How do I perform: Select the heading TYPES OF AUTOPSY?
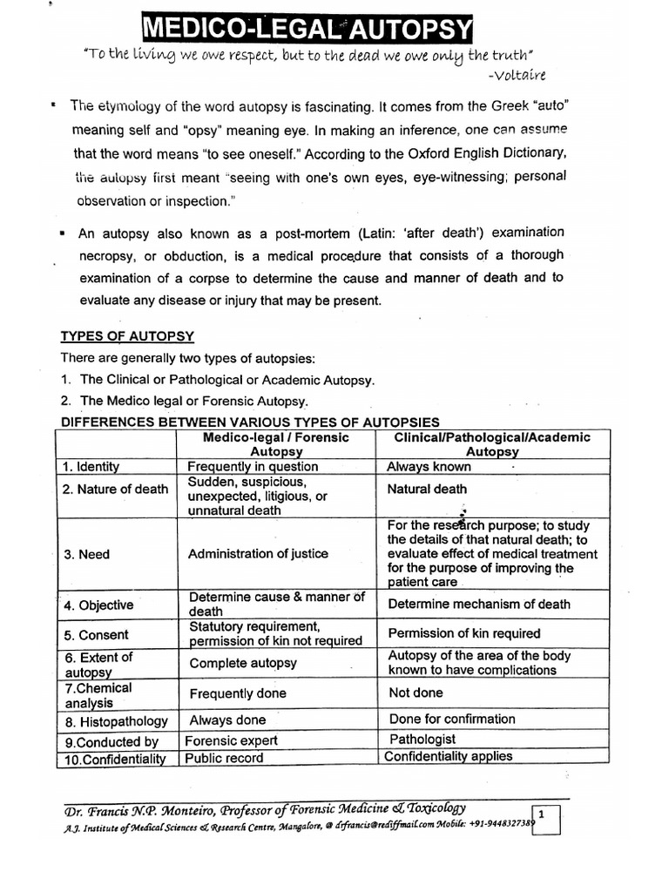point(126,336)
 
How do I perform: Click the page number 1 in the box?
point(542,814)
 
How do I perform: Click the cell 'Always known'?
point(429,467)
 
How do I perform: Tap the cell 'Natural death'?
point(427,490)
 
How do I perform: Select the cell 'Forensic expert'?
point(233,740)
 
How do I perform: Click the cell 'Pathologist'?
point(422,740)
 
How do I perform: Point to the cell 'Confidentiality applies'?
point(449,756)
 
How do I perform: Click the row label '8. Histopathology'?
point(116,722)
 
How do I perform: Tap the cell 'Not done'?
point(416,693)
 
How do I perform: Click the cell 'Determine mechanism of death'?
point(479,604)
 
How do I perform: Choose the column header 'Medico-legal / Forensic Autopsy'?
point(276,444)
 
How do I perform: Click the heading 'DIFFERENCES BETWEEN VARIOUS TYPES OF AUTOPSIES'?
point(248,422)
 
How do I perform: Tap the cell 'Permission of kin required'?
point(464,633)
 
